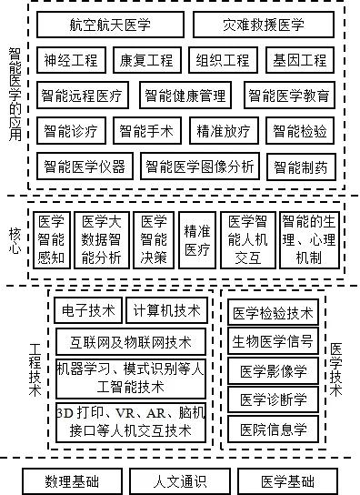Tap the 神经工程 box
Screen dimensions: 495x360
pyautogui.click(x=70, y=61)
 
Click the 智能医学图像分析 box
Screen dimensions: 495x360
pyautogui.click(x=200, y=166)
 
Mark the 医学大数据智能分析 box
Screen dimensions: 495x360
pyautogui.click(x=101, y=238)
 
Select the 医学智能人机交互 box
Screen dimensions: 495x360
pyautogui.click(x=247, y=238)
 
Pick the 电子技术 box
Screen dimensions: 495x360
pyautogui.click(x=85, y=308)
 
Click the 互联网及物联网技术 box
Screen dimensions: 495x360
pyautogui.click(x=131, y=342)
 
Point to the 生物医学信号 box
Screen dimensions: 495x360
pyautogui.click(x=273, y=342)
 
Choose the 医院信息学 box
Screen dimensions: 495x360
pyautogui.click(x=273, y=428)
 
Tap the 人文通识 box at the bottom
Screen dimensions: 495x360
pyautogui.click(x=174, y=480)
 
